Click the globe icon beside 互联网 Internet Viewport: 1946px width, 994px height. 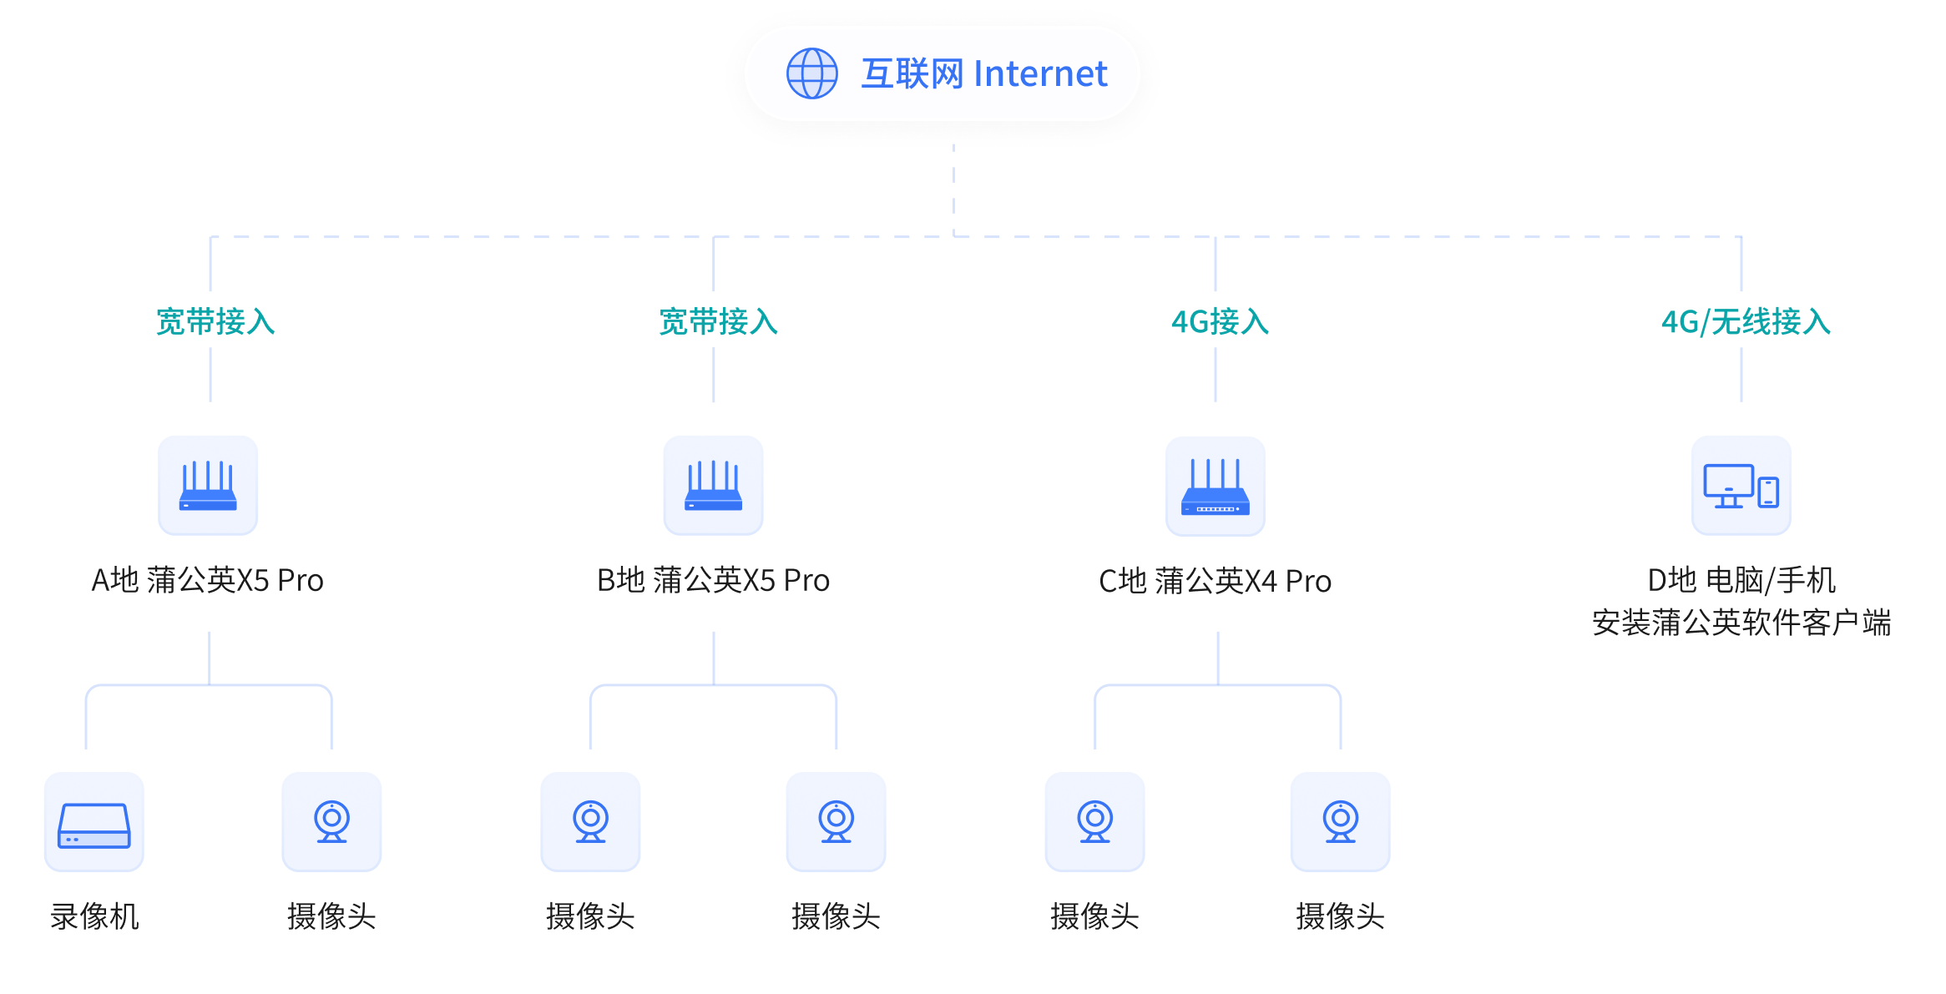(x=811, y=73)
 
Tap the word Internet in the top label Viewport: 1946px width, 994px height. (x=1040, y=74)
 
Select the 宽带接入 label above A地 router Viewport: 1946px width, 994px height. (x=215, y=321)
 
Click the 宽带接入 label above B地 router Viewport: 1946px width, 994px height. (x=718, y=321)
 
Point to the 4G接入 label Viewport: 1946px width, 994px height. (x=1220, y=321)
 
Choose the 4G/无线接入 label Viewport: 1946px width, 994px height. (x=1746, y=321)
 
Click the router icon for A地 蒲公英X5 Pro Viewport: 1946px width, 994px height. (x=208, y=486)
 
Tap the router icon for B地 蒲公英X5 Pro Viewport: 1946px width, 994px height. (x=713, y=486)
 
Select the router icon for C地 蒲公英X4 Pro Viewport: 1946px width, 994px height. (x=1216, y=487)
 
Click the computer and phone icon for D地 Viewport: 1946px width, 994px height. (x=1741, y=486)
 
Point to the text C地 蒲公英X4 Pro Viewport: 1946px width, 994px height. (x=1215, y=581)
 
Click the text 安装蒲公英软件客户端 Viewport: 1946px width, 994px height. (x=1741, y=623)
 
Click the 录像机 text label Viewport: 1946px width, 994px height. (x=94, y=916)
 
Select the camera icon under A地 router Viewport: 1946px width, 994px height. (x=331, y=822)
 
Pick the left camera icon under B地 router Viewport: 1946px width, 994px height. (x=590, y=822)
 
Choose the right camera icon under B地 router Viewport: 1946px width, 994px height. (x=836, y=822)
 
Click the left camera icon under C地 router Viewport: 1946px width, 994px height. (x=1094, y=822)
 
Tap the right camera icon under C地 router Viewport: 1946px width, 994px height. (x=1340, y=822)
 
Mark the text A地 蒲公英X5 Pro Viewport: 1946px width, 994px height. (x=207, y=580)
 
